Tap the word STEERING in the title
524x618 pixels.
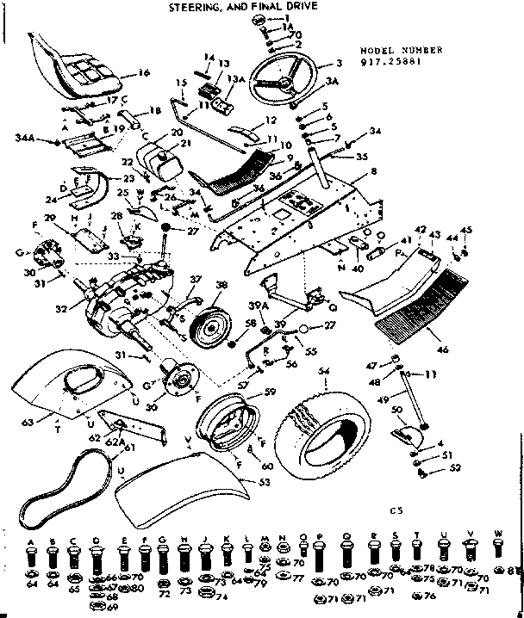point(191,7)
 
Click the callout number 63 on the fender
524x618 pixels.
point(25,422)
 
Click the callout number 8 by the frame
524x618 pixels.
point(373,173)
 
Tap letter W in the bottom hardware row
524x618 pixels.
point(497,534)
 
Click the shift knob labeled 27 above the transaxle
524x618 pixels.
point(165,226)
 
